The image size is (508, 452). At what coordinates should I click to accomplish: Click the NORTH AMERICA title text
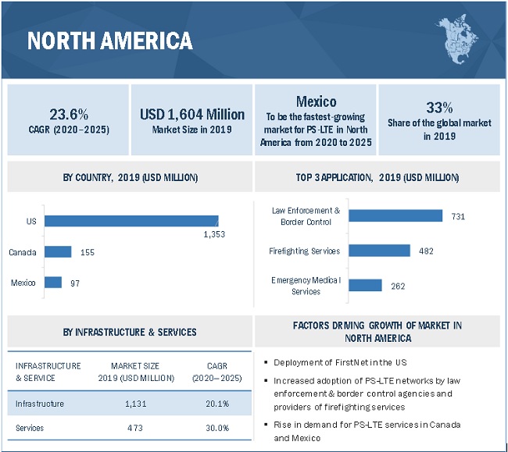(x=109, y=41)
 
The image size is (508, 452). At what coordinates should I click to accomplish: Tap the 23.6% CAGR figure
(x=68, y=114)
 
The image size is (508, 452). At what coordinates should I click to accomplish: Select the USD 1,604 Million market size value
(x=192, y=114)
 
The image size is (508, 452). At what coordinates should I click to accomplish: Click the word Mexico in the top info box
(x=316, y=101)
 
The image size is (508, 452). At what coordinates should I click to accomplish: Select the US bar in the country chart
(x=131, y=221)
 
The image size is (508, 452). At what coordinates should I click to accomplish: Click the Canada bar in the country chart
(x=58, y=251)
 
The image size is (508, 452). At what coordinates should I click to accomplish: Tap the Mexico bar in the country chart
(x=53, y=282)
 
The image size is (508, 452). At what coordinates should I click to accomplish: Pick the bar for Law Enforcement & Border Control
(x=395, y=215)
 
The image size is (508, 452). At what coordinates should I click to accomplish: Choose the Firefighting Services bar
(x=379, y=251)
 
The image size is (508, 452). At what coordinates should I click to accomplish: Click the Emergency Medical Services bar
(x=365, y=285)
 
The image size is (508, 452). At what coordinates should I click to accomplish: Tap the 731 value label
(x=458, y=216)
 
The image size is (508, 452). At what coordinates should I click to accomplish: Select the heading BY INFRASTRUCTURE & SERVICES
(x=130, y=333)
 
